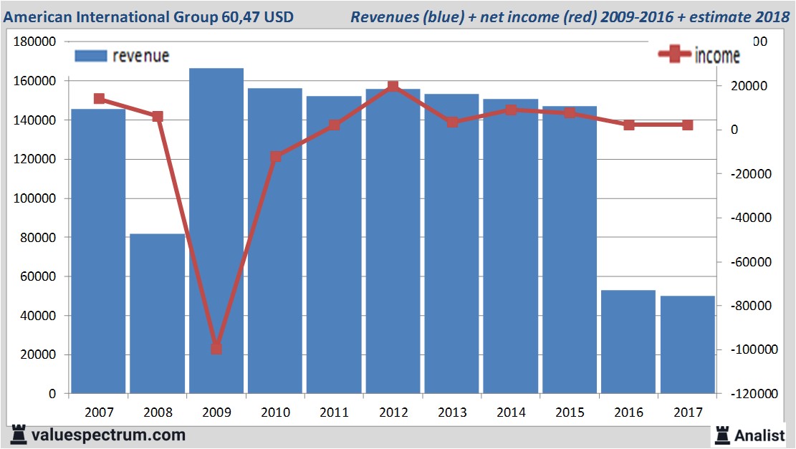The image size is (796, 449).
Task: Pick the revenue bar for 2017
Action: point(687,344)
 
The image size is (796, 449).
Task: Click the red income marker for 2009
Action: point(216,348)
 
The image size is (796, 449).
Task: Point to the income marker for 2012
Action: point(393,87)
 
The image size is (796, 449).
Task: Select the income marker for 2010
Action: point(275,156)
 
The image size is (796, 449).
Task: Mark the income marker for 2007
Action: point(99,99)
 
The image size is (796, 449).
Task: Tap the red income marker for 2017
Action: point(687,125)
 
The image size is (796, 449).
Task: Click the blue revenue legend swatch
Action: point(90,56)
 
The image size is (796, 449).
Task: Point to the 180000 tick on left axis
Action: point(35,42)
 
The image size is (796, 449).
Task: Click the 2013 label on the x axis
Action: point(452,412)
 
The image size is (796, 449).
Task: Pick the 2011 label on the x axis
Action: point(335,412)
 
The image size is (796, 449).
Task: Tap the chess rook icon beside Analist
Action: point(721,435)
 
